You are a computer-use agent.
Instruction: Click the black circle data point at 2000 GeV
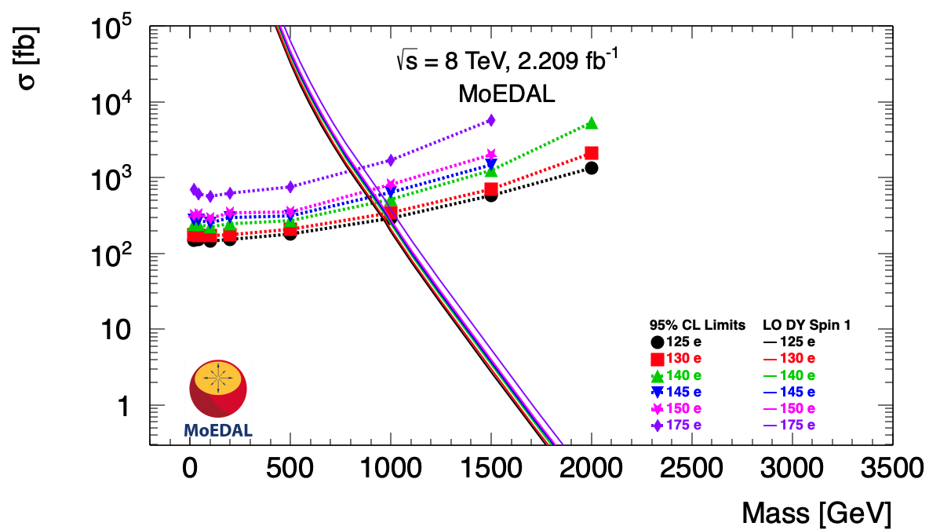pos(591,167)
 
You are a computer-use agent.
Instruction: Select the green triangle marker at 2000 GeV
pos(591,123)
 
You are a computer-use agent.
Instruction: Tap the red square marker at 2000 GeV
pos(591,153)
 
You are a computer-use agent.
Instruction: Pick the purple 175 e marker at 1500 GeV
pos(491,120)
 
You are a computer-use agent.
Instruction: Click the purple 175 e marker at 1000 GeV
pos(391,160)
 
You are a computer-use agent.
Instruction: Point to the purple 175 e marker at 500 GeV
pos(290,187)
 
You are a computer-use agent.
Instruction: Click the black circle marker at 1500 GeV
pos(491,195)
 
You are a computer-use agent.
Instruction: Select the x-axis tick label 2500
pos(691,470)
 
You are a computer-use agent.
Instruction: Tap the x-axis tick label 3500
pos(891,470)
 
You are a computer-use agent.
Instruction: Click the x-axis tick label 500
pos(290,470)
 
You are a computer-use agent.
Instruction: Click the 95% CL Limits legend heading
pos(697,324)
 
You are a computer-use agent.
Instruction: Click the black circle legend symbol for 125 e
pos(658,342)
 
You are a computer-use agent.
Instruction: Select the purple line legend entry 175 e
pos(789,425)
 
